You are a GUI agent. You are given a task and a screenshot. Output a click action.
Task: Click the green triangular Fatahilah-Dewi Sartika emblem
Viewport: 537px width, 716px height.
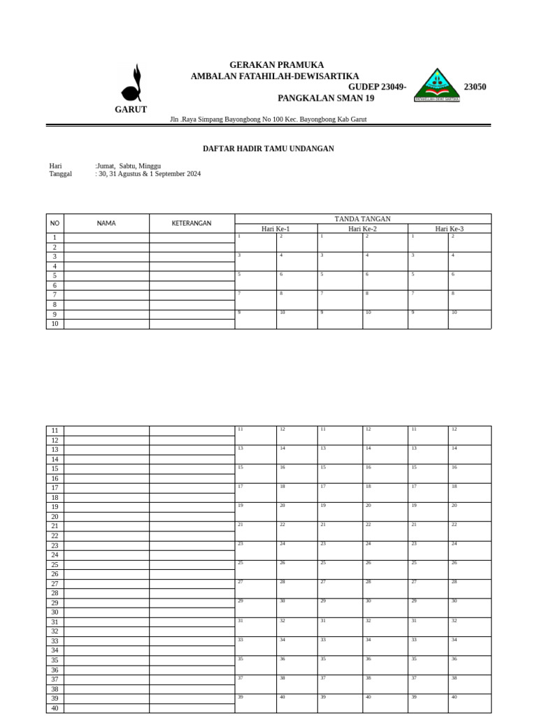point(437,86)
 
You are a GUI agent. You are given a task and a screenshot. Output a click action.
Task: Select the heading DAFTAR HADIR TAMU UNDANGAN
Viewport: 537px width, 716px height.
point(268,149)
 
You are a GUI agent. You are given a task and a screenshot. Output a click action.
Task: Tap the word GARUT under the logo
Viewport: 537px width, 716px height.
point(131,110)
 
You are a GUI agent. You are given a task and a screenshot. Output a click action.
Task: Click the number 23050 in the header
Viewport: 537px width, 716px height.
point(475,87)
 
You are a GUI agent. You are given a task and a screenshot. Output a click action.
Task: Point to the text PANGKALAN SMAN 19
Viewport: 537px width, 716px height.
point(326,99)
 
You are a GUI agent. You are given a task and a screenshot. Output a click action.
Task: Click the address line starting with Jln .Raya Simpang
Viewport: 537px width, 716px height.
point(268,120)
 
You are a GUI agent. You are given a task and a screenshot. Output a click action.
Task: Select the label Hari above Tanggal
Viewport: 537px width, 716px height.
point(56,166)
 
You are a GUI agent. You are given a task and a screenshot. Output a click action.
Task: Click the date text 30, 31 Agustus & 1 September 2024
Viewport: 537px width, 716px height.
point(149,174)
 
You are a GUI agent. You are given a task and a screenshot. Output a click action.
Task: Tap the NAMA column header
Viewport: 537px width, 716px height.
point(106,223)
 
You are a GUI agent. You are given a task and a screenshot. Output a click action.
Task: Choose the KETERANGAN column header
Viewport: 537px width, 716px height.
point(192,223)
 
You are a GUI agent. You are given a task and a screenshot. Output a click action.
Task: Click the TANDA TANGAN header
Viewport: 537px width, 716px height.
point(362,219)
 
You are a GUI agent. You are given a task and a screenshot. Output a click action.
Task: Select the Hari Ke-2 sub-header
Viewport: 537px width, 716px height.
point(362,229)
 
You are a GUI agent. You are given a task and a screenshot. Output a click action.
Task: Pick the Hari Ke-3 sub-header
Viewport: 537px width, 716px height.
point(449,229)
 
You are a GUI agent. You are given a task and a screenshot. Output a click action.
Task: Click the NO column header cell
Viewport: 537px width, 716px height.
point(55,223)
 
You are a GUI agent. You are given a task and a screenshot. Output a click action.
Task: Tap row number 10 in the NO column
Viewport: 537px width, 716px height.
point(55,324)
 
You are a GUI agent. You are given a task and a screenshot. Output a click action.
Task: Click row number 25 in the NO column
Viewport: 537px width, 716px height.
point(55,564)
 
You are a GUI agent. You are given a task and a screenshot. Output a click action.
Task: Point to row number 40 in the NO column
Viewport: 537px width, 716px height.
point(55,708)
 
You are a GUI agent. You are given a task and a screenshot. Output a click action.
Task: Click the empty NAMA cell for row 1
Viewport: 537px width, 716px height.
point(106,238)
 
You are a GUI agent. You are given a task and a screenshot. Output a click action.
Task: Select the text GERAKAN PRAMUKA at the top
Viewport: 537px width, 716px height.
point(276,65)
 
